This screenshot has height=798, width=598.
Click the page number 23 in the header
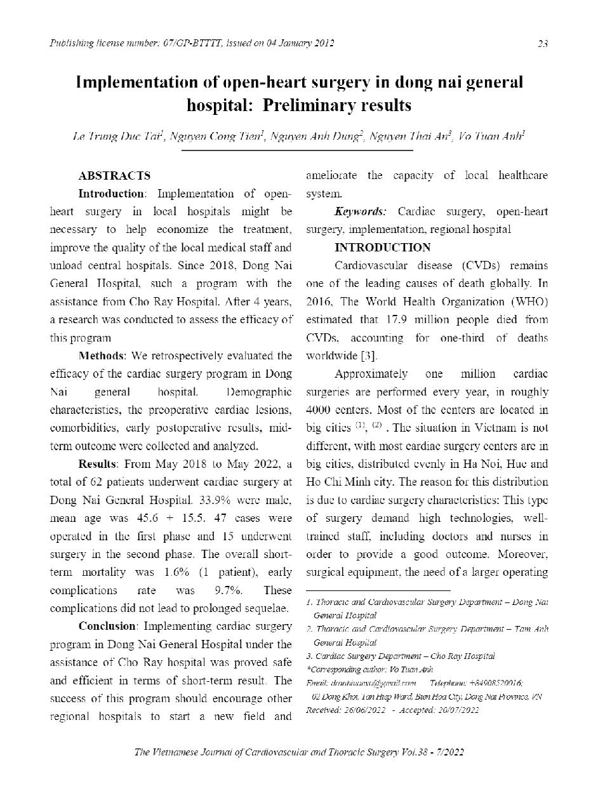click(543, 44)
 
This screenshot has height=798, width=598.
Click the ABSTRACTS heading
click(114, 176)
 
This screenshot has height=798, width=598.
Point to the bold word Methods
click(101, 356)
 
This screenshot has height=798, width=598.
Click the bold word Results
click(97, 463)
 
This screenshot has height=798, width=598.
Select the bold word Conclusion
click(107, 626)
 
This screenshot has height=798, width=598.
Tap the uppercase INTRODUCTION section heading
click(382, 248)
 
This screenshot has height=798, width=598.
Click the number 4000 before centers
click(318, 410)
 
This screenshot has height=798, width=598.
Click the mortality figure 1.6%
click(177, 571)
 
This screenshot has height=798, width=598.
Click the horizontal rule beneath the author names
click(297, 150)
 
